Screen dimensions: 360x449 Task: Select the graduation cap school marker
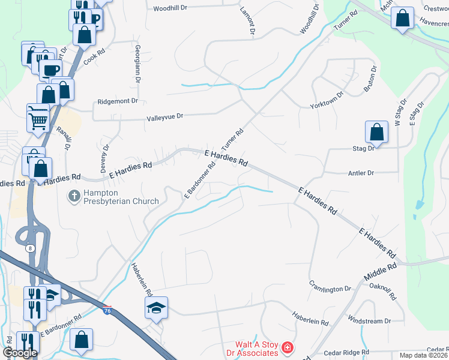[156, 308]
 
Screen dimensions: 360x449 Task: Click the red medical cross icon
[288, 348]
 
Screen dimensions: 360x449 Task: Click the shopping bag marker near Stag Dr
[376, 132]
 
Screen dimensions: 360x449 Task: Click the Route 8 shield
[29, 247]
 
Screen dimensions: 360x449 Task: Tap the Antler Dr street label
[361, 173]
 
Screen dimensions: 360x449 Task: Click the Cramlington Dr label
[330, 286]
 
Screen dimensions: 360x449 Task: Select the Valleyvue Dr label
[164, 118]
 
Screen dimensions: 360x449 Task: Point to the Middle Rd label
[380, 273]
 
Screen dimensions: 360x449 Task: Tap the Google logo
[19, 353]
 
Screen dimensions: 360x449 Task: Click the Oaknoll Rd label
[383, 292]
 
